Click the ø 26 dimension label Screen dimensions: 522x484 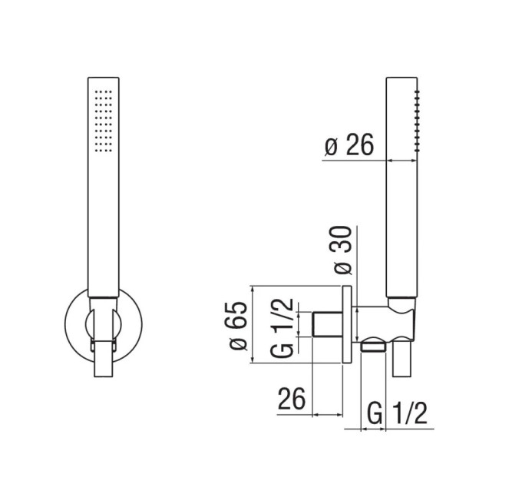pyautogui.click(x=349, y=145)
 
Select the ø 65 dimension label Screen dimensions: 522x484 pyautogui.click(x=239, y=326)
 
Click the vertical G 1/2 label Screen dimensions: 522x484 pyautogui.click(x=282, y=328)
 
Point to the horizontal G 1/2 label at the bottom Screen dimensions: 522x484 pyautogui.click(x=397, y=413)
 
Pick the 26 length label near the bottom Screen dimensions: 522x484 pyautogui.click(x=292, y=399)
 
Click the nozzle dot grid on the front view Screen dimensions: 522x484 pyautogui.click(x=103, y=121)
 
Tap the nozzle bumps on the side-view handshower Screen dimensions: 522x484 pyautogui.click(x=417, y=121)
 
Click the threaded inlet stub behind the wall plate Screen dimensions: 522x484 pyautogui.click(x=327, y=324)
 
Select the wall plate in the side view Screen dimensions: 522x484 pyautogui.click(x=347, y=324)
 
